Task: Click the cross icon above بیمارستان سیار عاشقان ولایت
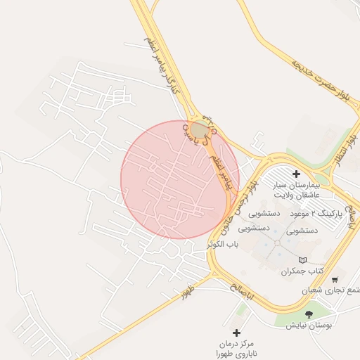coord(296,174)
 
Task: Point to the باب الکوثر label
coord(224,245)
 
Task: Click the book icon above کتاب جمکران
coord(303,260)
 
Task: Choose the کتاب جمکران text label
coord(302,271)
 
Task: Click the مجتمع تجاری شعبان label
coord(331,290)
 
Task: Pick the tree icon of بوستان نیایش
coord(309,314)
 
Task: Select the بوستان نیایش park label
coord(309,326)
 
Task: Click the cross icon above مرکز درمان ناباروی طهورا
coord(236,332)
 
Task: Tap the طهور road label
coord(187,292)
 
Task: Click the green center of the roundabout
coord(200,129)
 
